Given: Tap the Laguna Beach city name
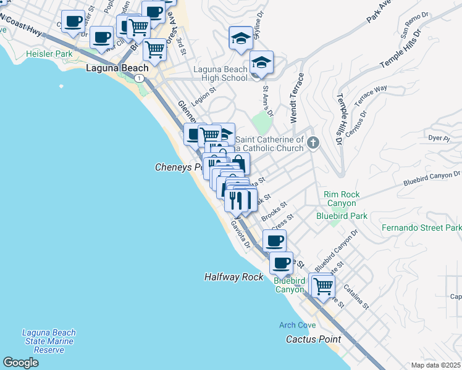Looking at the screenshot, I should point(117,68).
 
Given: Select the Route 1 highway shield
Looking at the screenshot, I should point(141,78).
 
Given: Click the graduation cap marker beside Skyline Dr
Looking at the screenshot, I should point(240,38).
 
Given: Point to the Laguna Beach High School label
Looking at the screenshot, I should point(220,73).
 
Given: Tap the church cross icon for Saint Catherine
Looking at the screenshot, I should point(313,143).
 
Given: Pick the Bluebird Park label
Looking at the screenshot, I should point(342,216).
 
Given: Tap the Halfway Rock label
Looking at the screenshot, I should point(234,277).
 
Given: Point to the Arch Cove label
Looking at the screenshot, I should point(297,325).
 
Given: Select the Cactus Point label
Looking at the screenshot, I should point(314,339).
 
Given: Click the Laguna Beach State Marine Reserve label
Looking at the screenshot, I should point(48,341).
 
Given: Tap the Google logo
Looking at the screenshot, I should point(20,363).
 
